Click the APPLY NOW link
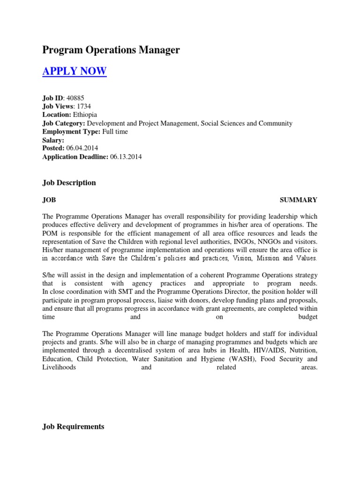point(75,71)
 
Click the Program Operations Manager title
point(111,50)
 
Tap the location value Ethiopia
point(86,115)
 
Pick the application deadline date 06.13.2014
point(126,157)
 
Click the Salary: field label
point(53,140)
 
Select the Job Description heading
point(69,183)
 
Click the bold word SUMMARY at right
point(299,200)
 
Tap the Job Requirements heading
point(73,427)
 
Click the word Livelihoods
point(59,367)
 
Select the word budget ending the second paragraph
point(307,317)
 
